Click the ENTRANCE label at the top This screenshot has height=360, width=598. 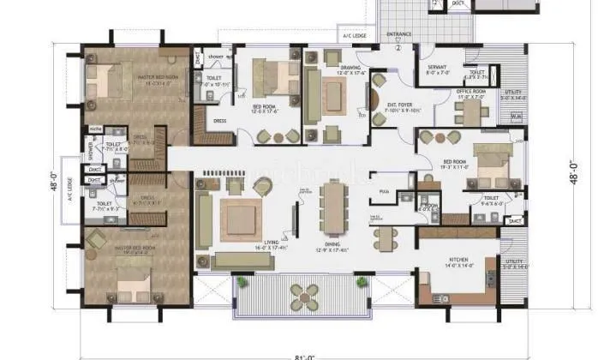click(398, 35)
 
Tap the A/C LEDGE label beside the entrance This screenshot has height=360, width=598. click(354, 37)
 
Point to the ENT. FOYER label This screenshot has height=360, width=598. click(398, 105)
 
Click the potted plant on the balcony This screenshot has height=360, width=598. click(242, 282)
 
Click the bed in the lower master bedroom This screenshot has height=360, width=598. click(128, 276)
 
